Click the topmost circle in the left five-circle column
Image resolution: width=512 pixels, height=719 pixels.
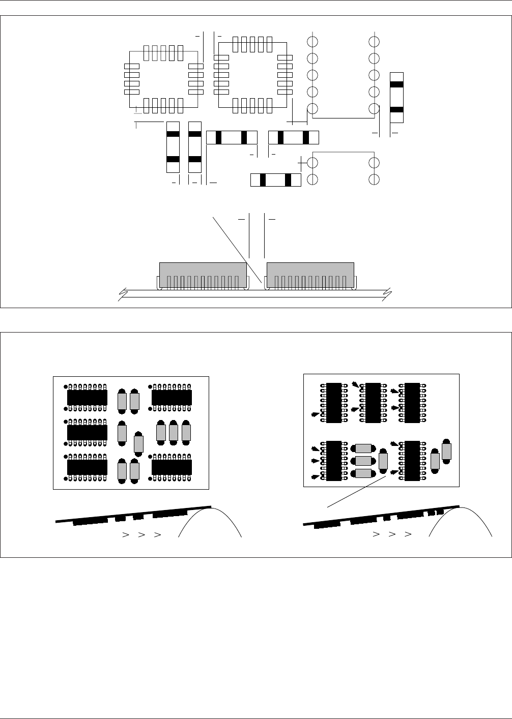click(x=312, y=41)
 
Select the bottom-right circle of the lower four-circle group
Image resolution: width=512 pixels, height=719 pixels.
click(x=375, y=179)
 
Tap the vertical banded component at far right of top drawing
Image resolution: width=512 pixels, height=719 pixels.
click(x=396, y=97)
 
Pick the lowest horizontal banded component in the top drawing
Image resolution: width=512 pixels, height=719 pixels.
click(x=276, y=179)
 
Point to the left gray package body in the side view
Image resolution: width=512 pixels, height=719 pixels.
click(x=203, y=275)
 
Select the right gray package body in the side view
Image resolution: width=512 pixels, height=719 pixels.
click(x=310, y=275)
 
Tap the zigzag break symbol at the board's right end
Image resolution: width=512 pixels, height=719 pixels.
click(x=388, y=293)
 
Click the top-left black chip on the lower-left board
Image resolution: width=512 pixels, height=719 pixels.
click(x=87, y=398)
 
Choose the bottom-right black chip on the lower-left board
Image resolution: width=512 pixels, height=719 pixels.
click(x=172, y=467)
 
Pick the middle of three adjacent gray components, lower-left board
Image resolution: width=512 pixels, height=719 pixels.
click(x=174, y=432)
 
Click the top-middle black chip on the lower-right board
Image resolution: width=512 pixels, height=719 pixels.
click(x=374, y=403)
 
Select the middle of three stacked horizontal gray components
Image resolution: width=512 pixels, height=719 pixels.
click(x=363, y=461)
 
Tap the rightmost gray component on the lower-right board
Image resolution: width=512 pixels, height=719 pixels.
click(x=447, y=451)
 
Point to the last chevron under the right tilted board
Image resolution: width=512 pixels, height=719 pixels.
click(x=408, y=534)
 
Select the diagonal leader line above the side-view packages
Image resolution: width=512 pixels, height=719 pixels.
click(x=238, y=249)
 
